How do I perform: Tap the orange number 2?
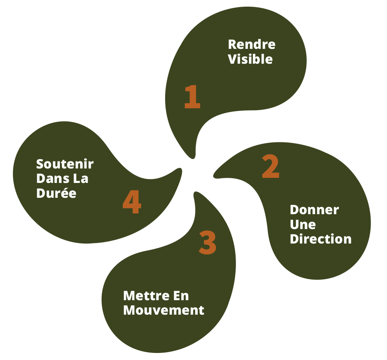(270, 166)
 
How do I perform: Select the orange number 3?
(207, 242)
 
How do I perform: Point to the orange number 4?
(132, 202)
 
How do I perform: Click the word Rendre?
(252, 45)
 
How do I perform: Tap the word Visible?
(250, 59)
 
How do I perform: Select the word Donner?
(314, 210)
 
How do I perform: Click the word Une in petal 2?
(303, 225)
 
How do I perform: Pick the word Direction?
(320, 239)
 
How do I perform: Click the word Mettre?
(146, 296)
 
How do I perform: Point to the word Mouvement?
(164, 310)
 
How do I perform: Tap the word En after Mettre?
(181, 296)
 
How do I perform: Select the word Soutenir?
(65, 164)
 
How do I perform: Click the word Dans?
(52, 179)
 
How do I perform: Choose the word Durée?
(56, 193)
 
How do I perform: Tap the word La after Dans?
(81, 179)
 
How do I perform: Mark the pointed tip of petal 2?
(214, 176)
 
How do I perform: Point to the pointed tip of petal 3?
(195, 192)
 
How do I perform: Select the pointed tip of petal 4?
(181, 169)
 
